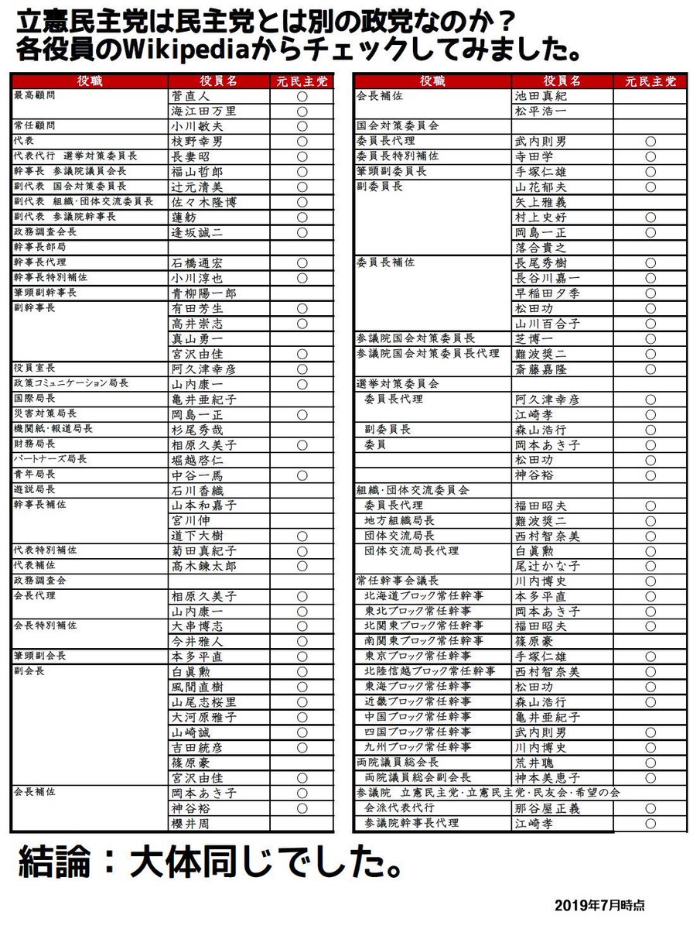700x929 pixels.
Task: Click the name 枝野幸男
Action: coord(196,142)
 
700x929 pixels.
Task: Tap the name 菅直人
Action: coord(190,97)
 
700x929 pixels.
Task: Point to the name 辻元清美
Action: coord(196,187)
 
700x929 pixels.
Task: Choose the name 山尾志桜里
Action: coord(203,702)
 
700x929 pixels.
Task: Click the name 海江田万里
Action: coord(203,111)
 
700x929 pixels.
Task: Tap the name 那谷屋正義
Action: coord(546,808)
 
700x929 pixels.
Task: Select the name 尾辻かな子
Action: coord(546,566)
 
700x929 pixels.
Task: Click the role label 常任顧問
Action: coord(35,125)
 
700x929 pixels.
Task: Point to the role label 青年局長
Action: coord(35,474)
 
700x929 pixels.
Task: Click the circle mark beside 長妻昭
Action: coord(302,156)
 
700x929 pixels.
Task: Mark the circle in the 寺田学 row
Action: coord(650,156)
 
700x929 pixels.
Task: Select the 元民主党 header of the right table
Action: coord(650,81)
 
